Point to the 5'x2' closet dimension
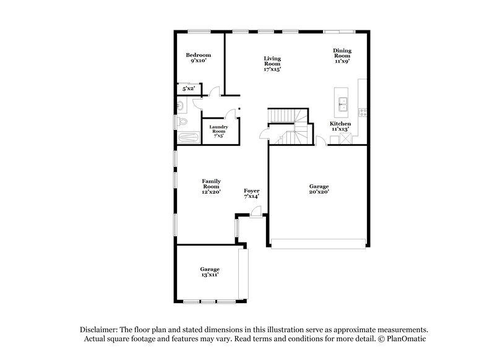pyautogui.click(x=188, y=89)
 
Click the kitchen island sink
pyautogui.click(x=342, y=101)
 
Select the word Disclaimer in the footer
pyautogui.click(x=100, y=330)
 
